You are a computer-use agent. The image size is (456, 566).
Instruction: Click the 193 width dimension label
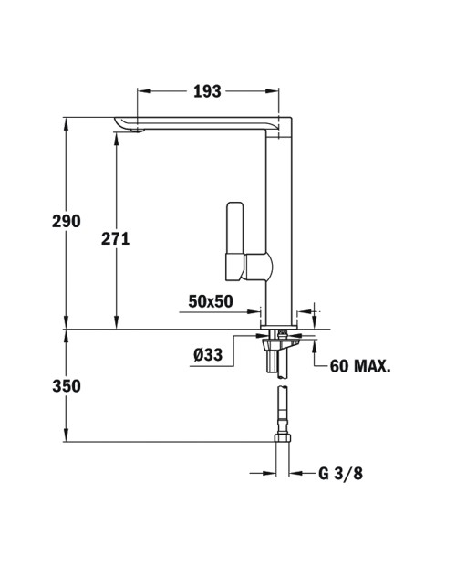pyautogui.click(x=207, y=91)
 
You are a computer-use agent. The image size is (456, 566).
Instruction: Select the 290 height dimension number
pyautogui.click(x=67, y=221)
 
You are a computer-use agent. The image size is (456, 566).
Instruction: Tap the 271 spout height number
pyautogui.click(x=115, y=238)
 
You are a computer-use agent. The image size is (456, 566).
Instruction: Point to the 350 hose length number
pyautogui.click(x=67, y=386)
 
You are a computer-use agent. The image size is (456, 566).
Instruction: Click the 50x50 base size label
pyautogui.click(x=211, y=301)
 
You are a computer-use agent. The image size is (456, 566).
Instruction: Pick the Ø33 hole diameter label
pyautogui.click(x=208, y=355)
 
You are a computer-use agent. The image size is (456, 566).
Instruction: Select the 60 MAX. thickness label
pyautogui.click(x=360, y=366)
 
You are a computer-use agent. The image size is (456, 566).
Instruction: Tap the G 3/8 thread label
pyautogui.click(x=340, y=473)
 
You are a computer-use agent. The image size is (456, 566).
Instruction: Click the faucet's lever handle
pyautogui.click(x=234, y=241)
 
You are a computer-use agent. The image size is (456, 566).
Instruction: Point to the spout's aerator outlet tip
pyautogui.click(x=138, y=131)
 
